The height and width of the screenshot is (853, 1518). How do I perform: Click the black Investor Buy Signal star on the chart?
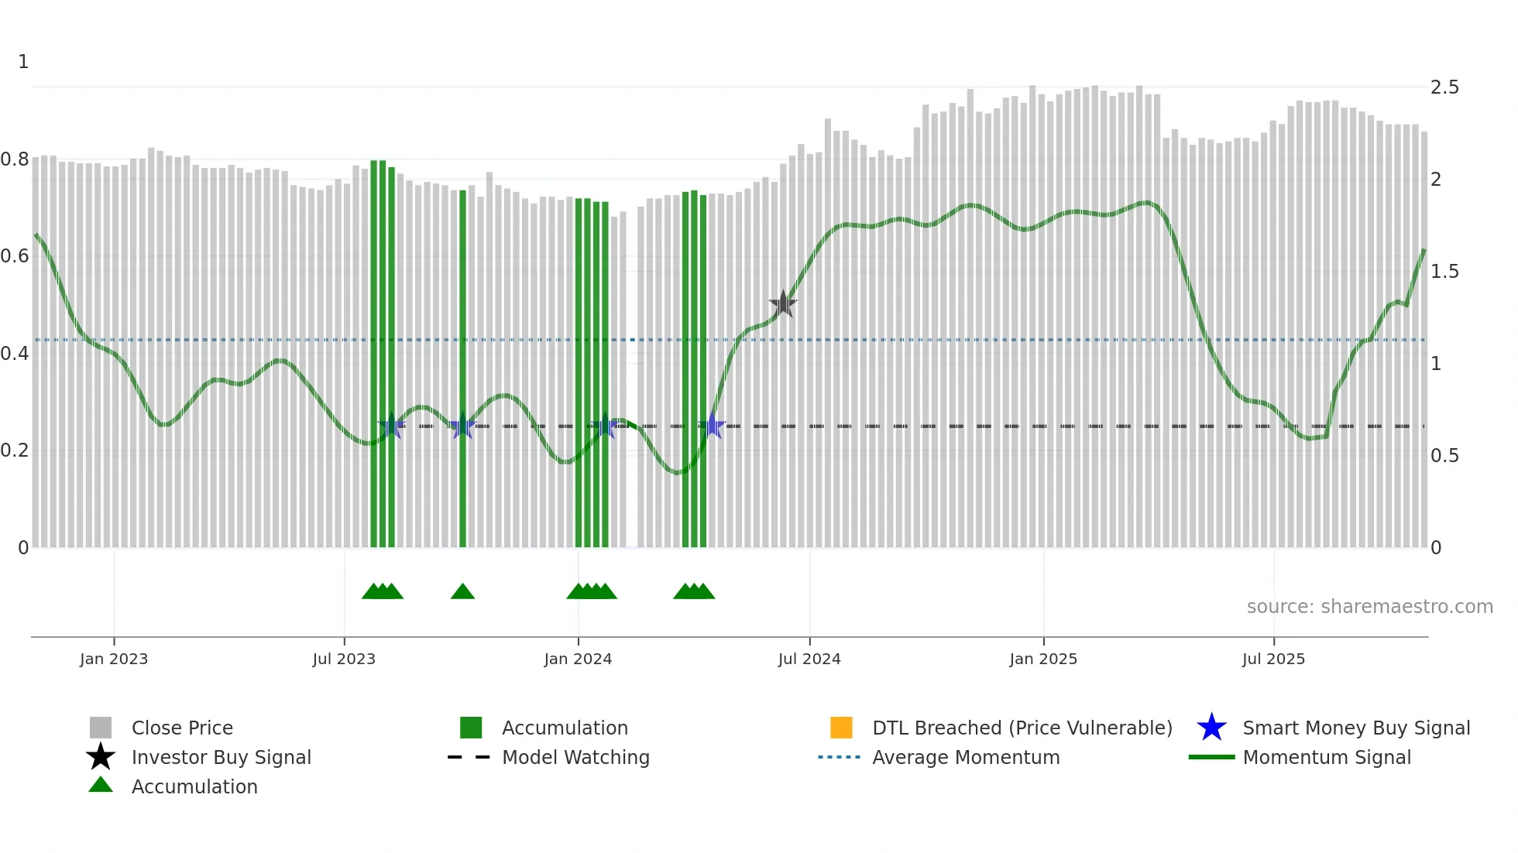(x=783, y=304)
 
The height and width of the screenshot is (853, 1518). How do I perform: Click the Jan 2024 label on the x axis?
(x=578, y=659)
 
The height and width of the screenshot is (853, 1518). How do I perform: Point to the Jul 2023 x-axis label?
(x=344, y=659)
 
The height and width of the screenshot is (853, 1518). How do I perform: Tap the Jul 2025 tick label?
(x=1273, y=659)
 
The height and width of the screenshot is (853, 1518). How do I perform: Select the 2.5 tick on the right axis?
(x=1444, y=87)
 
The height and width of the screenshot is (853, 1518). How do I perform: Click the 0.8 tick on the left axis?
(x=15, y=159)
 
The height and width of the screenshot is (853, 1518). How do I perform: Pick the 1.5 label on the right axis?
(x=1444, y=272)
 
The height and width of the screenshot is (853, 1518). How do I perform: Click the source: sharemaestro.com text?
(x=1369, y=607)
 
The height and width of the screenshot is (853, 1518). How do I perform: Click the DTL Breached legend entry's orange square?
(x=841, y=728)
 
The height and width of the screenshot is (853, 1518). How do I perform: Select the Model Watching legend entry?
(x=575, y=758)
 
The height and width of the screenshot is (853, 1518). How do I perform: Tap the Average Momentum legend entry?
(x=965, y=758)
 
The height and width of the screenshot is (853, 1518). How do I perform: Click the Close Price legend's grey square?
(x=101, y=728)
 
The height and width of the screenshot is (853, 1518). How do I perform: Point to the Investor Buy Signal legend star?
(x=101, y=757)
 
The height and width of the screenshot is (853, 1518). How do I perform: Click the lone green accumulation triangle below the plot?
(x=462, y=592)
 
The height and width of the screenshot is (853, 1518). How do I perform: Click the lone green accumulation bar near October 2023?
(x=462, y=372)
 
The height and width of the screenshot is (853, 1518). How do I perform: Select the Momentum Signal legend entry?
(x=1326, y=758)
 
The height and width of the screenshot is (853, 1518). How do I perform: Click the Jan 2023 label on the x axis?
(x=114, y=659)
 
